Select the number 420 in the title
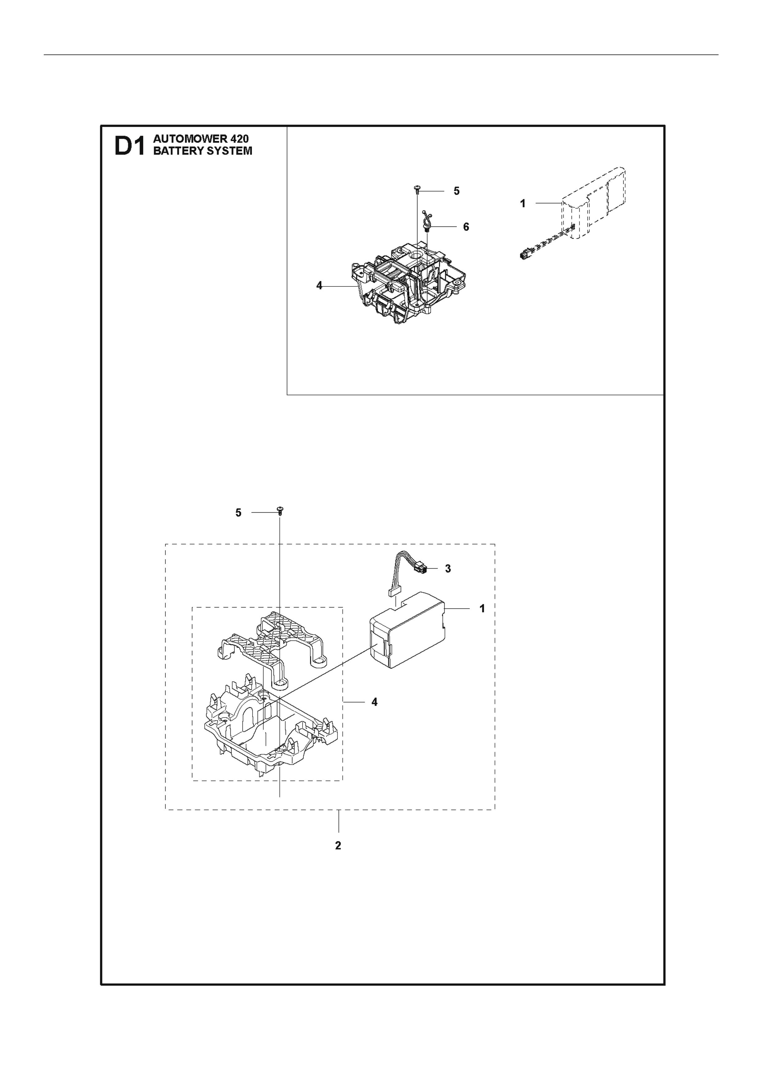(x=240, y=139)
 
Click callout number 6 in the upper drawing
(x=466, y=227)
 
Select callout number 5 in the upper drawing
(x=457, y=191)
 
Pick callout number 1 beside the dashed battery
(x=523, y=204)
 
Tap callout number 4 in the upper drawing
(x=319, y=286)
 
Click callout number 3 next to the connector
(x=448, y=569)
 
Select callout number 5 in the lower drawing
(x=239, y=513)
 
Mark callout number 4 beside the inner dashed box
(x=375, y=715)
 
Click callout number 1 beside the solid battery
(x=482, y=609)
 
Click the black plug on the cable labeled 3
(x=421, y=570)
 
